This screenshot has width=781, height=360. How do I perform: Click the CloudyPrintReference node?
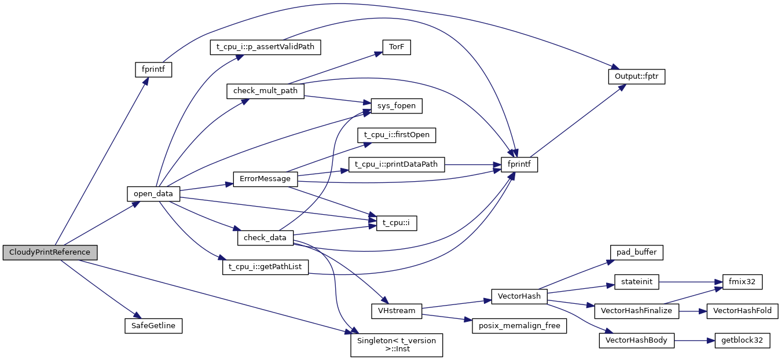(49, 252)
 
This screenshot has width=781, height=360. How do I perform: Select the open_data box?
(153, 194)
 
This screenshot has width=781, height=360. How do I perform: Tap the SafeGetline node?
(153, 326)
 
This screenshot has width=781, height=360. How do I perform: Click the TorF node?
(397, 48)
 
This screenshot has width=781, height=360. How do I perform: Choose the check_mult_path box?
(265, 91)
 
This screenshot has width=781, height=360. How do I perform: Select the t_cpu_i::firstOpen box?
(397, 135)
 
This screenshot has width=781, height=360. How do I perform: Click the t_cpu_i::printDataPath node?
(397, 164)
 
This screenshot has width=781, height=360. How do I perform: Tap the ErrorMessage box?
(265, 179)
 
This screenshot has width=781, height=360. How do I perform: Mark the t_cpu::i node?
(397, 223)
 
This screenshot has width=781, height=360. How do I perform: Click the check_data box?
(265, 238)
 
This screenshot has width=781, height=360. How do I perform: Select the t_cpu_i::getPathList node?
(265, 267)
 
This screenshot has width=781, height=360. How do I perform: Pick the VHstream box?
(397, 311)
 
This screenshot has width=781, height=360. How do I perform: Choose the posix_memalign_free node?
(519, 326)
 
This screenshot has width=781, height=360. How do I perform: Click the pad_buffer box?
(636, 252)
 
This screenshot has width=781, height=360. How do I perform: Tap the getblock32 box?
(742, 340)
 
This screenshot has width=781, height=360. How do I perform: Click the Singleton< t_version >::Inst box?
(397, 345)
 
